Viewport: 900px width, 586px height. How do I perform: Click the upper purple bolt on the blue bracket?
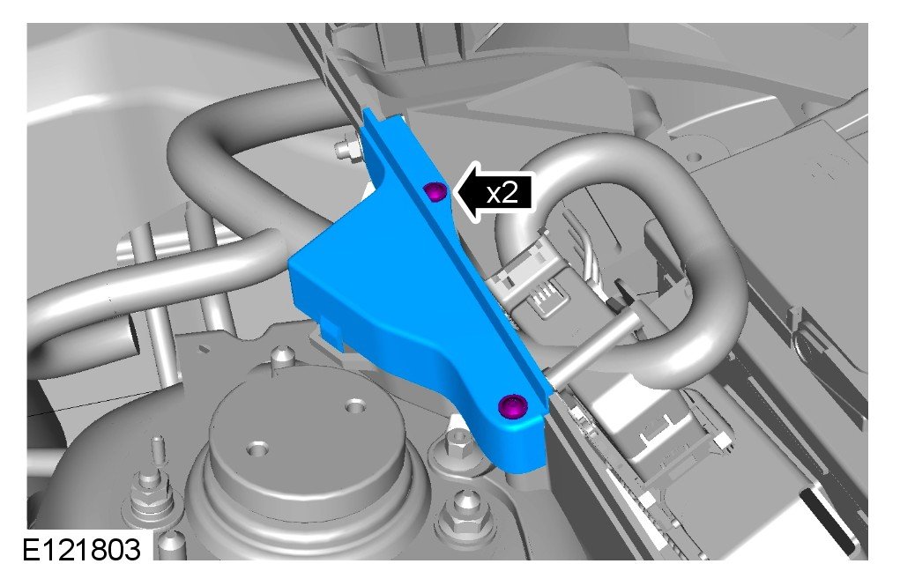[435, 192]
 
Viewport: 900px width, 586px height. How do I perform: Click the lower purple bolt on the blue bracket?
[512, 407]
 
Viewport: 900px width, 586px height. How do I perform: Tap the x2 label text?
[502, 194]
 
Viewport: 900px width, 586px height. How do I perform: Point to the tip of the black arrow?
[454, 193]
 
